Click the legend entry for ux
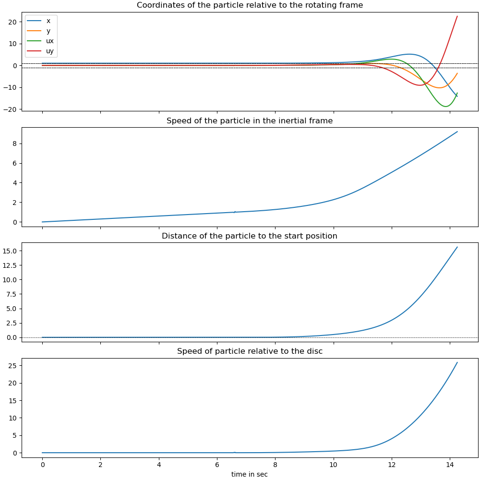tap(50, 41)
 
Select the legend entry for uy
tap(50, 50)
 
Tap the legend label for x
tap(48, 21)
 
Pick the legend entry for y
tap(48, 31)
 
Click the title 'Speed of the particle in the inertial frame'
tap(250, 121)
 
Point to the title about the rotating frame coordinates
tap(250, 5)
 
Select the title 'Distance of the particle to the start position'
tap(250, 236)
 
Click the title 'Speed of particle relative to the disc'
tap(250, 351)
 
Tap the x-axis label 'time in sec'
tap(250, 474)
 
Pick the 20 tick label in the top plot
tap(14, 22)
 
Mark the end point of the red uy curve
tap(457, 16)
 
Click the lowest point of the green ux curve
tap(445, 107)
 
